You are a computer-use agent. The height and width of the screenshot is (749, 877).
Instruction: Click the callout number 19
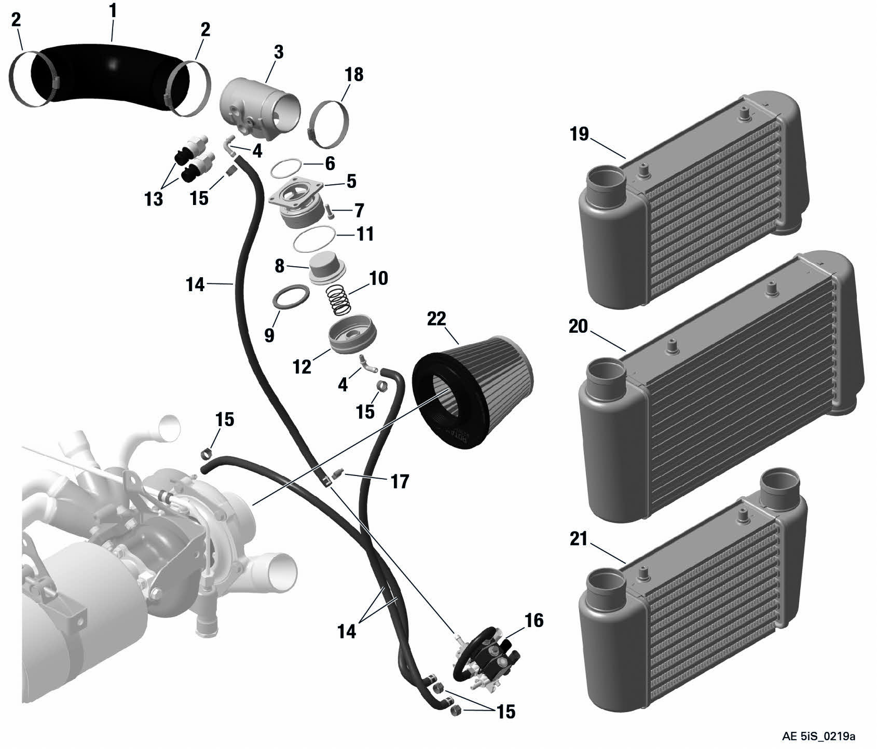pyautogui.click(x=579, y=134)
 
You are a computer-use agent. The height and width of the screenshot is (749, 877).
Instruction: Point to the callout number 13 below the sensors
pyautogui.click(x=154, y=199)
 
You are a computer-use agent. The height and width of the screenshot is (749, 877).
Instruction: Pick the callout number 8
pyautogui.click(x=279, y=266)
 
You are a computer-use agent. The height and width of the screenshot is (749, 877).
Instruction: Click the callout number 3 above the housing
pyautogui.click(x=279, y=52)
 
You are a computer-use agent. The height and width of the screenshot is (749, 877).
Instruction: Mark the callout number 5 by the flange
pyautogui.click(x=351, y=181)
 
